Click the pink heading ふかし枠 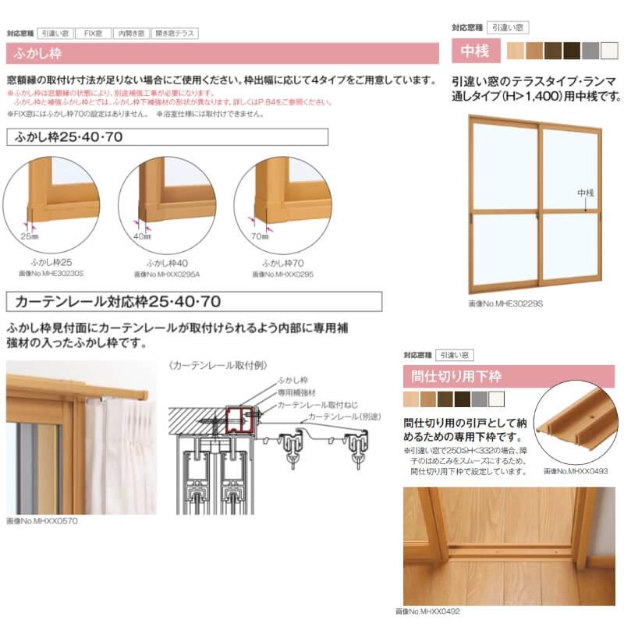(38, 54)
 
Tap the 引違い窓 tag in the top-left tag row (56, 34)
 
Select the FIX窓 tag (94, 34)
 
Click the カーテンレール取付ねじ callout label (317, 406)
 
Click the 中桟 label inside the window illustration (585, 192)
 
